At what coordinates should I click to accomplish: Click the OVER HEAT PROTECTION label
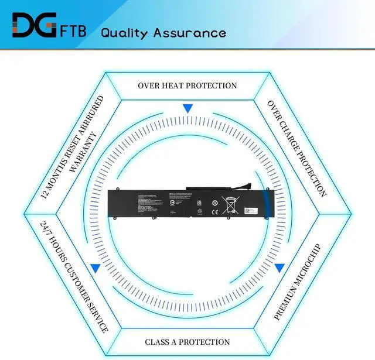tap(187, 85)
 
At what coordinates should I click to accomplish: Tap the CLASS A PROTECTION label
tap(187, 342)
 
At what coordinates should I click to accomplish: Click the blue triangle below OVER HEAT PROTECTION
tap(187, 109)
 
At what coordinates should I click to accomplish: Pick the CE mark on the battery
tap(214, 205)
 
